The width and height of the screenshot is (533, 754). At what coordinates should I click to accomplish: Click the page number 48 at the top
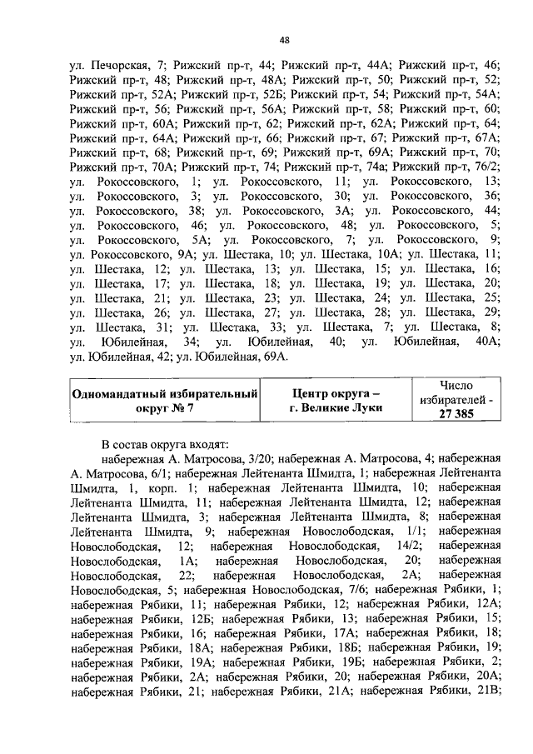(284, 40)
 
